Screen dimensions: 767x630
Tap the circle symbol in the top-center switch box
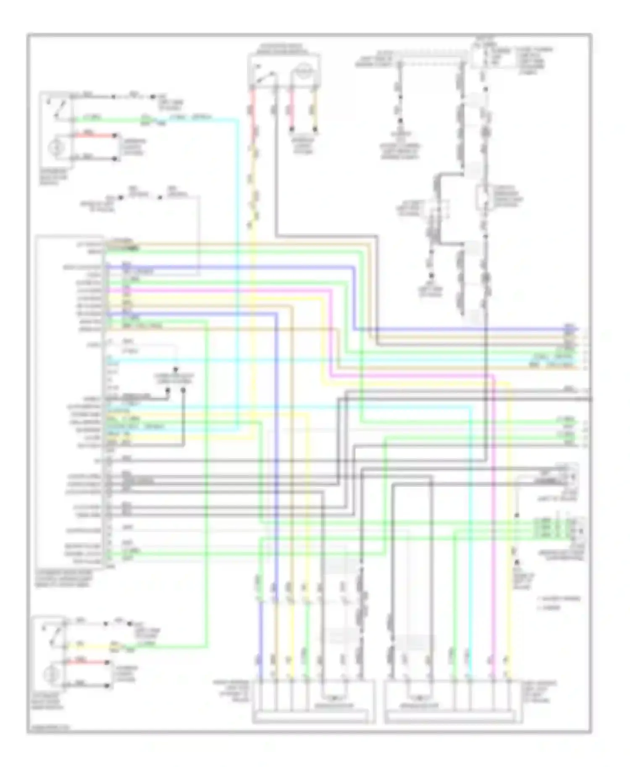[x=303, y=70]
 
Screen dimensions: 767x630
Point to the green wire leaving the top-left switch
[x=109, y=120]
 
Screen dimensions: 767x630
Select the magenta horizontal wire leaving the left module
[x=218, y=290]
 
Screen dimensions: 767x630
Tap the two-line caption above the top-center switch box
[x=283, y=48]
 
